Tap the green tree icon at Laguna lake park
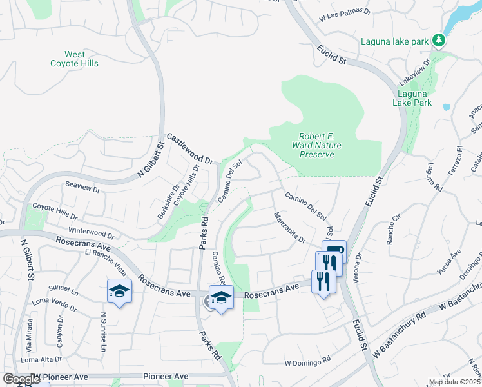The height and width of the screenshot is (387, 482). tap(438, 41)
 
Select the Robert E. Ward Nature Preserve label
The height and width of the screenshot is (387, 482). tap(316, 145)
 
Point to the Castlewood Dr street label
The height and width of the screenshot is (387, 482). tap(189, 148)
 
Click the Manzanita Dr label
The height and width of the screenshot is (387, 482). tap(289, 228)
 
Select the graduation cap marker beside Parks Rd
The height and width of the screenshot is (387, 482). tap(221, 297)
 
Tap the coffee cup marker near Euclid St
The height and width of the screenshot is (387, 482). tap(334, 252)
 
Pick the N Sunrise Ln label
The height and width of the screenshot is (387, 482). tap(103, 333)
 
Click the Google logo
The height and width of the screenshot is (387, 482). tap(21, 379)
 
